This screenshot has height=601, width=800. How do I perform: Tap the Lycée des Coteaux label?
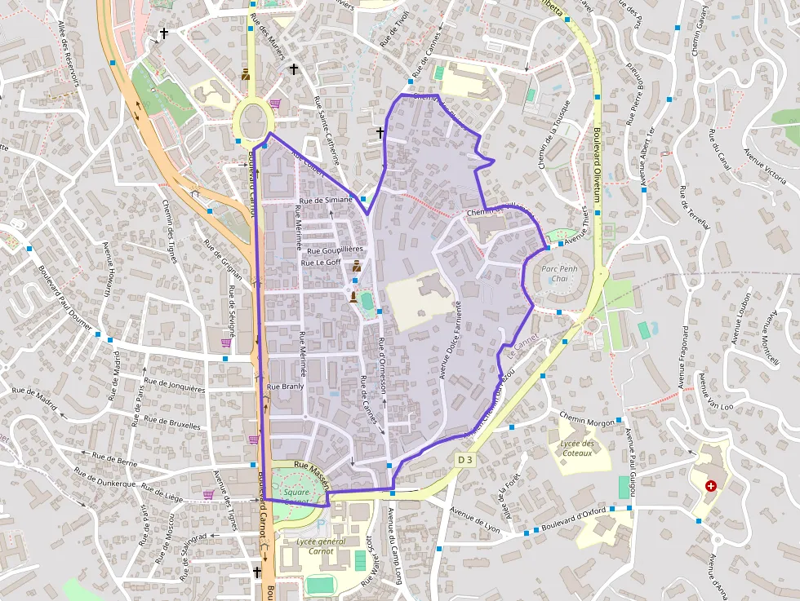click(577, 448)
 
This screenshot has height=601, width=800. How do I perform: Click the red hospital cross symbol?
click(710, 486)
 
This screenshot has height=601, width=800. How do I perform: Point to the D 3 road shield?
click(464, 461)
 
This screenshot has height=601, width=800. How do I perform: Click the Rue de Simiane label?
click(327, 200)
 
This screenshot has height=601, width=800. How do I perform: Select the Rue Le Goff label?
click(321, 263)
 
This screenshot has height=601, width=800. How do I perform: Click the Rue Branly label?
click(285, 386)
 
